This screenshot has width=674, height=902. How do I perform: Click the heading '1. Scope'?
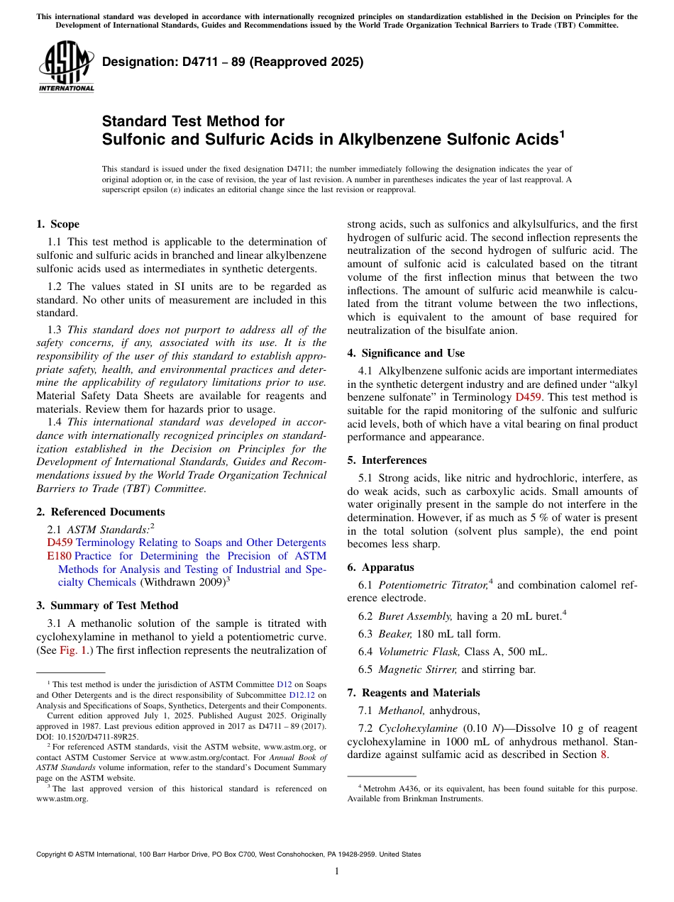tap(57, 224)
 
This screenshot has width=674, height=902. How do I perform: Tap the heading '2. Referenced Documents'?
tap(100, 512)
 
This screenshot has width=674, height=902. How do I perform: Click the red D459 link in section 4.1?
tap(529, 397)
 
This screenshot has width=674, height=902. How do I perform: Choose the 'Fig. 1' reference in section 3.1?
tap(70, 650)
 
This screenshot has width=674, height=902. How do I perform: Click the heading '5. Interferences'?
tap(387, 460)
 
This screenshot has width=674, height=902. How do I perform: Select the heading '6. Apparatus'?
tap(380, 567)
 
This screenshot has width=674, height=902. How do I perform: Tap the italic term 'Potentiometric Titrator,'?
tap(433, 585)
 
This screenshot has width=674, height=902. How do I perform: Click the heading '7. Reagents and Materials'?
tap(414, 693)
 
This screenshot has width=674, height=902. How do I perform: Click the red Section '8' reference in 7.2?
tap(604, 755)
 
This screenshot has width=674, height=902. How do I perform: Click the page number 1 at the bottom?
tap(337, 872)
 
